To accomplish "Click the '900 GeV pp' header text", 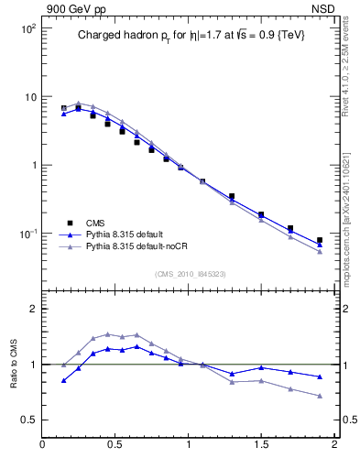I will tap(71, 8).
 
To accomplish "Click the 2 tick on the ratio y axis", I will tap(32, 309).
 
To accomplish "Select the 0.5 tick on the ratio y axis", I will tap(29, 420).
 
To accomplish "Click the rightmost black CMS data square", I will tap(320, 240).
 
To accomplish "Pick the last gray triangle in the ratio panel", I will tap(320, 396).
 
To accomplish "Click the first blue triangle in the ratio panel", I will tap(63, 380).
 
